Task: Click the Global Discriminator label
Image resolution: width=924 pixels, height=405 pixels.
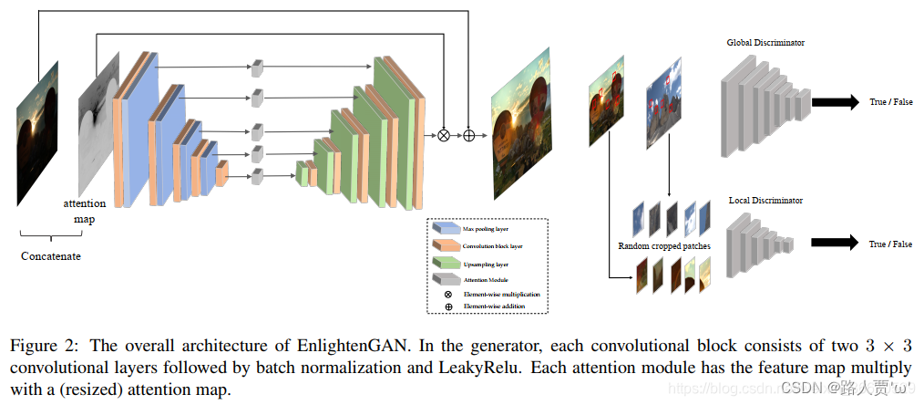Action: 765,43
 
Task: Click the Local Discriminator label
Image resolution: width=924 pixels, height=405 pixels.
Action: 765,200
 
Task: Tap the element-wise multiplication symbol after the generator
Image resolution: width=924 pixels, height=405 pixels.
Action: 444,135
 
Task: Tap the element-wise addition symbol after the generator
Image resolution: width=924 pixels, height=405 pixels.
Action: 469,135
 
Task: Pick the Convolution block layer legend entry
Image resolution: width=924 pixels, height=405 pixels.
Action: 492,246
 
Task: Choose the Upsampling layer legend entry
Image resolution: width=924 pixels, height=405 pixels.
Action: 487,263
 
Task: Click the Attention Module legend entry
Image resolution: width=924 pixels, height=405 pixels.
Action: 485,279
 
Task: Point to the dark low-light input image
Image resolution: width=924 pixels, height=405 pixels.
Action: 37,133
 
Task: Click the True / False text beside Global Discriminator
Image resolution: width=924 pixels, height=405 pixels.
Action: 890,103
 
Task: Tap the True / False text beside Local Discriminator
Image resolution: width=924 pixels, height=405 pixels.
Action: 890,244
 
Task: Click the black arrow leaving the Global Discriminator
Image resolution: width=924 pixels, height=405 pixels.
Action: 834,102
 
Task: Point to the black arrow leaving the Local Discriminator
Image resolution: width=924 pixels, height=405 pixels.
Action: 834,243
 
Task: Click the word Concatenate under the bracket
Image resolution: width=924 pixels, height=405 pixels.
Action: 51,256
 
